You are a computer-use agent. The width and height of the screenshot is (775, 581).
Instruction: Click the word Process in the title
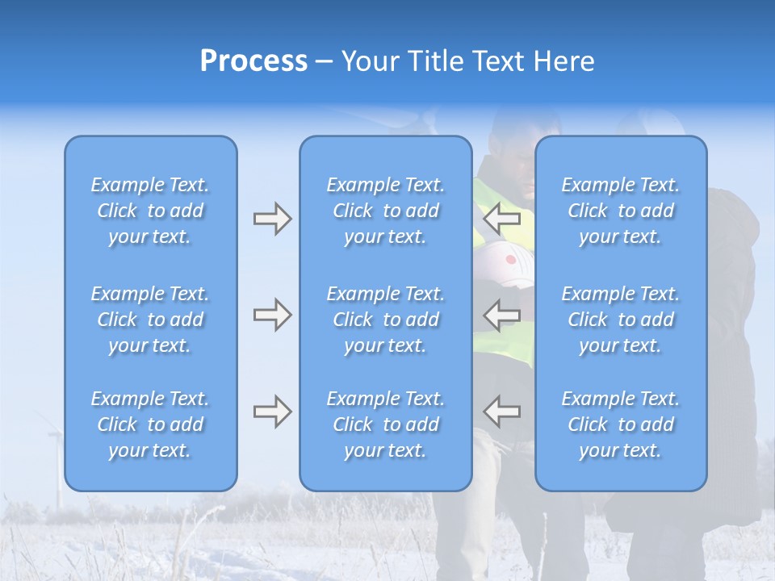pyautogui.click(x=253, y=61)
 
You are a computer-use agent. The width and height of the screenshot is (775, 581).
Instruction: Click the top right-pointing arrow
pyautogui.click(x=272, y=219)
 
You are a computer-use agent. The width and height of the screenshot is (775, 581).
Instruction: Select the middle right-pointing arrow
pyautogui.click(x=272, y=315)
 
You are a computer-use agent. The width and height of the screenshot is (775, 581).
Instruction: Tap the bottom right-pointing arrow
pyautogui.click(x=272, y=412)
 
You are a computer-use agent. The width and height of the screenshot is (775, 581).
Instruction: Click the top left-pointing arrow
pyautogui.click(x=502, y=219)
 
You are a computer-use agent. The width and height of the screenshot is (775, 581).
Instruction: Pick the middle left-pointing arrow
pyautogui.click(x=502, y=315)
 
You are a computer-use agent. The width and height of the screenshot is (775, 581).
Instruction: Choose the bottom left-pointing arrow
pyautogui.click(x=502, y=412)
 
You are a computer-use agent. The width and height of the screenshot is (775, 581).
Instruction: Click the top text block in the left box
pyautogui.click(x=150, y=211)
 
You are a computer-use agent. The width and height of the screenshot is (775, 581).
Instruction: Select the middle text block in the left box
pyautogui.click(x=150, y=320)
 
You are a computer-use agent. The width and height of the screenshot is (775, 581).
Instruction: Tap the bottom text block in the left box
pyautogui.click(x=150, y=424)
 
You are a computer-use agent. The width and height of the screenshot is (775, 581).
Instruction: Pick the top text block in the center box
pyautogui.click(x=386, y=211)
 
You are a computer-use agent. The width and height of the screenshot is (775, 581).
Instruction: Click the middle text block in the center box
pyautogui.click(x=386, y=320)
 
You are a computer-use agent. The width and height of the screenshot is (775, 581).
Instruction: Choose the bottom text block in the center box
pyautogui.click(x=386, y=424)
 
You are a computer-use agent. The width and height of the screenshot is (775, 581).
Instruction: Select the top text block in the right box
pyautogui.click(x=621, y=211)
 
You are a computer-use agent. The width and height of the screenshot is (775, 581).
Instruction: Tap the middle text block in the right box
pyautogui.click(x=621, y=320)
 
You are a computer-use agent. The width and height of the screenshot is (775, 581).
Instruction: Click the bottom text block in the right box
pyautogui.click(x=621, y=424)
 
